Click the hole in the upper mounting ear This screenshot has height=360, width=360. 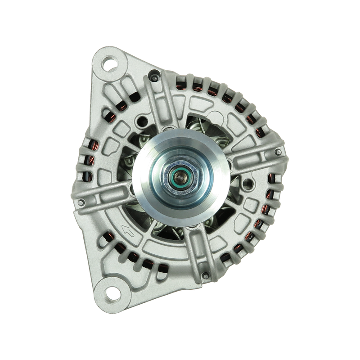point(109,63)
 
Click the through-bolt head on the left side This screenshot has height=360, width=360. point(81,203)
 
